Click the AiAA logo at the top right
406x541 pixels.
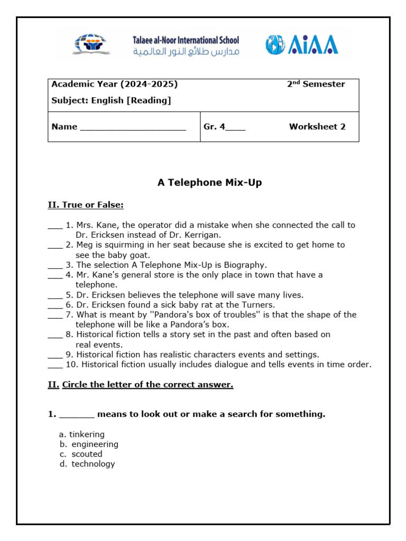click(302, 44)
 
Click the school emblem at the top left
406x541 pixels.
click(91, 44)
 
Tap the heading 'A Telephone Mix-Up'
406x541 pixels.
click(209, 183)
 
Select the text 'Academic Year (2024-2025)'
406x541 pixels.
click(114, 85)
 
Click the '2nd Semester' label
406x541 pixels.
click(316, 85)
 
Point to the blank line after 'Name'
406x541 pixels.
click(133, 127)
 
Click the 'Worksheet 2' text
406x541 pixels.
click(317, 127)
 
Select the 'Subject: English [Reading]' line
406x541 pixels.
click(111, 100)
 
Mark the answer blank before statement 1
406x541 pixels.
click(55, 226)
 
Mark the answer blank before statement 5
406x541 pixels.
click(55, 295)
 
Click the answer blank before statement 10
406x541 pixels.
click(55, 365)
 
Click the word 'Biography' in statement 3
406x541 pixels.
click(245, 265)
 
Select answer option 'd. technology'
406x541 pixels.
click(87, 464)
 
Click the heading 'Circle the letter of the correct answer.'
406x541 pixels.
click(147, 385)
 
